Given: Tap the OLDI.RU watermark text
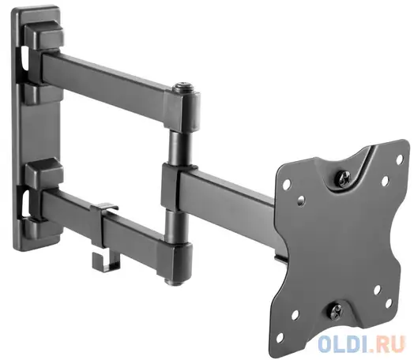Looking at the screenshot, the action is [361, 343].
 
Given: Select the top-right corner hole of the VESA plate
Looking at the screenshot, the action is [400, 159].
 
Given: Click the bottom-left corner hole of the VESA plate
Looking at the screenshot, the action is [280, 336].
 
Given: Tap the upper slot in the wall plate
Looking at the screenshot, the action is [24, 58].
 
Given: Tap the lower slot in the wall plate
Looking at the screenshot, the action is [24, 202].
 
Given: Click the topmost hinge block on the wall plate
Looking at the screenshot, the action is [43, 37].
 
